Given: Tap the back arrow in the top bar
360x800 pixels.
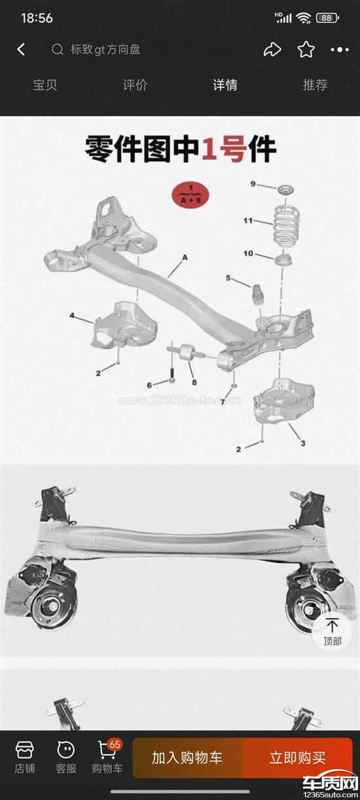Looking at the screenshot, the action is click(x=22, y=50).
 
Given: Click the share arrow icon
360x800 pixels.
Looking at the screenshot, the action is click(x=272, y=50).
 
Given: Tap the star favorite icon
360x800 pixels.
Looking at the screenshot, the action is click(x=306, y=49).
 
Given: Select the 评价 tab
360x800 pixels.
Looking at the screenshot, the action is click(x=135, y=85).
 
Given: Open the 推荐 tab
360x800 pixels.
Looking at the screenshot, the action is click(x=315, y=85).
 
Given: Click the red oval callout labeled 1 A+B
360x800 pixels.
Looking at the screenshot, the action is click(x=190, y=194).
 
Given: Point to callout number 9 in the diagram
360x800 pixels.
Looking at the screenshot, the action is click(x=253, y=184).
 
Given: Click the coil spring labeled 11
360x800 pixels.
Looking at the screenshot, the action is click(x=286, y=227).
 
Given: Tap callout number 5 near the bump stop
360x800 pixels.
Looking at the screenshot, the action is click(x=228, y=278).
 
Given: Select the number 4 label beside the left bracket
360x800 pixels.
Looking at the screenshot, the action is click(x=72, y=316).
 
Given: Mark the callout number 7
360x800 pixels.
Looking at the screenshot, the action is click(x=223, y=402).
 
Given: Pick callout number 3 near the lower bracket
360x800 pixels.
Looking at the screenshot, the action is click(x=303, y=443).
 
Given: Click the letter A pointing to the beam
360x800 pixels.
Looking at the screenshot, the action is click(x=185, y=257).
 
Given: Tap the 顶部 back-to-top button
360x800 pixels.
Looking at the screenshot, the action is click(x=332, y=632).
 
